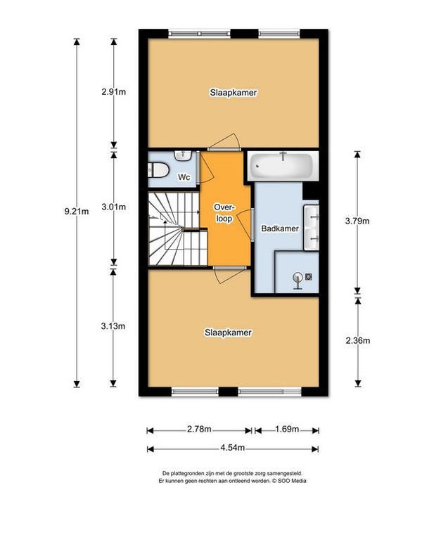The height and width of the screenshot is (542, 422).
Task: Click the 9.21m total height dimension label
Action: [77, 211]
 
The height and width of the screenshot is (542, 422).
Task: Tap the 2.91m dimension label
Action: [113, 92]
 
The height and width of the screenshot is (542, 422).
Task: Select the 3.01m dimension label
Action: [113, 207]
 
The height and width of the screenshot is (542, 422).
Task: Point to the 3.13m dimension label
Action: [113, 326]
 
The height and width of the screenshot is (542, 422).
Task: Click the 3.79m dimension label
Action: [357, 221]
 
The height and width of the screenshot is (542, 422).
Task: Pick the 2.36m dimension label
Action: [358, 340]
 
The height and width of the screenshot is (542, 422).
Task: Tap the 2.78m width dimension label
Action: [199, 430]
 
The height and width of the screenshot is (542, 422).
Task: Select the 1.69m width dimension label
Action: [287, 430]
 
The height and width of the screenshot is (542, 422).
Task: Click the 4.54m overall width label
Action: [232, 448]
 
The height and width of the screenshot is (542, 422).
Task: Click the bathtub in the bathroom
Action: [283, 166]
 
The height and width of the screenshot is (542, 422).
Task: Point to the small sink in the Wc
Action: [183, 155]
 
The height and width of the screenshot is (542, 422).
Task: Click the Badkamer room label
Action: [280, 228]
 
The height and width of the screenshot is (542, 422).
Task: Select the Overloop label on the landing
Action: [224, 213]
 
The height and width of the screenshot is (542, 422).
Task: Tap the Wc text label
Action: [184, 177]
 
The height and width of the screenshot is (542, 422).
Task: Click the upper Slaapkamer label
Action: [234, 93]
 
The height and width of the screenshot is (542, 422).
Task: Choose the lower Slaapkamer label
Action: [229, 333]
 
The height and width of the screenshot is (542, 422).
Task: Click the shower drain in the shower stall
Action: [309, 276]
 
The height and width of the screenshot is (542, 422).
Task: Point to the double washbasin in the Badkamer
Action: [312, 228]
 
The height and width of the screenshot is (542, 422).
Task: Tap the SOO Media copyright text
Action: [288, 481]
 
